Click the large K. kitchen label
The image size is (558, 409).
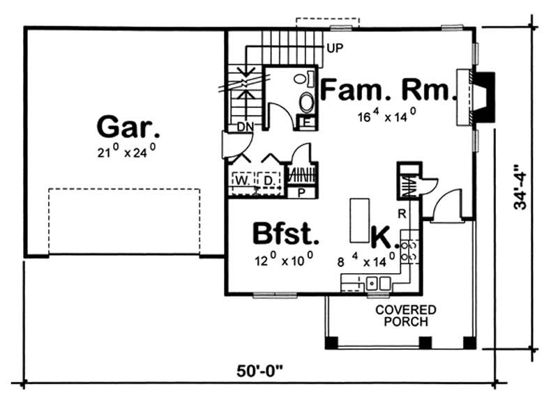point(383,237)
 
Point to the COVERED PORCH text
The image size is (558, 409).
point(405,316)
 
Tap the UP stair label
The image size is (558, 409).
point(333,48)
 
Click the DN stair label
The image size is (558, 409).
point(244,127)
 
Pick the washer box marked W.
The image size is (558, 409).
point(240,180)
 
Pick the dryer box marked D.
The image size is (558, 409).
point(268,180)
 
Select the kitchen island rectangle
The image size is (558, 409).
point(359,218)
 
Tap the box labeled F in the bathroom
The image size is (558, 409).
point(306,123)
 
